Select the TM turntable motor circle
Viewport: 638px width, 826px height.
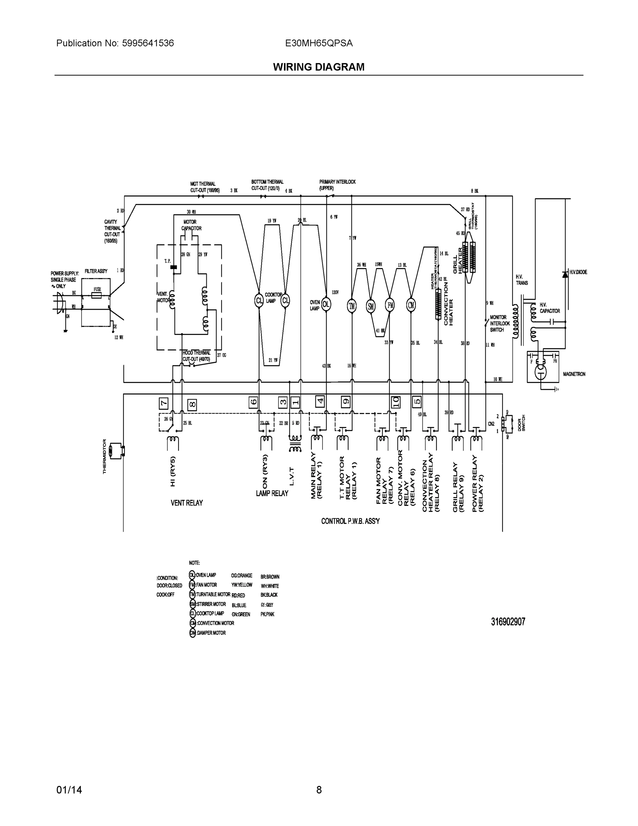point(352,306)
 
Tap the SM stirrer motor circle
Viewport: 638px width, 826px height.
point(371,306)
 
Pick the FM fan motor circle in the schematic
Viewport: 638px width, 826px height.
point(390,305)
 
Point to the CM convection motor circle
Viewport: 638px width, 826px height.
point(411,305)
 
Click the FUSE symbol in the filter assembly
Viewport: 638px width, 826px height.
point(97,295)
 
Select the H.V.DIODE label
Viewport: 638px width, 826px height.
point(578,272)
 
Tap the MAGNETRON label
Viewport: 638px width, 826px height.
point(574,374)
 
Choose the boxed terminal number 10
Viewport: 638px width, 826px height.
point(395,402)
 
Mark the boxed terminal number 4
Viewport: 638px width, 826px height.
point(320,401)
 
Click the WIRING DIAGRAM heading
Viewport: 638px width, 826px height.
point(318,67)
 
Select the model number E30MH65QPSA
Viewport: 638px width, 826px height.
point(318,43)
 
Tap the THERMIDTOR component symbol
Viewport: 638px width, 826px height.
point(116,451)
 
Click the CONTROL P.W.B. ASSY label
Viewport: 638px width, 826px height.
point(350,521)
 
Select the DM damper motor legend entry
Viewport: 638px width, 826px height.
point(207,633)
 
